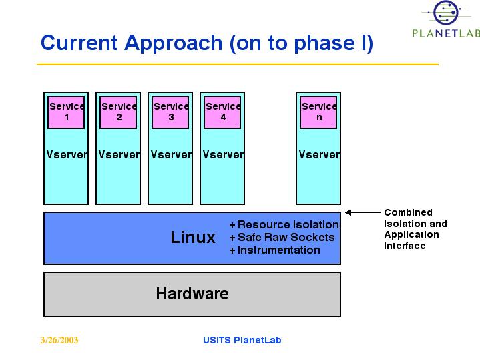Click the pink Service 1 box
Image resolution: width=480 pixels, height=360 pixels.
(x=66, y=112)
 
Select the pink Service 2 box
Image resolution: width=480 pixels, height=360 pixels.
(x=118, y=112)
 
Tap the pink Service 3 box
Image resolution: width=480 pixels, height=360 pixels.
(x=170, y=112)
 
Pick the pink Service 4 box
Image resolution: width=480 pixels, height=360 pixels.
(x=222, y=112)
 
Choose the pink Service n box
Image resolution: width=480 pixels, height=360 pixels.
(x=318, y=112)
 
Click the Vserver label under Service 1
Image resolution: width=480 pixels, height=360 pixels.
(x=67, y=154)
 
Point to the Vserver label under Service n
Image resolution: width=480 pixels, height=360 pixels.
(x=319, y=154)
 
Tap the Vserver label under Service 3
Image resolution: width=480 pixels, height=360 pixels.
(x=171, y=154)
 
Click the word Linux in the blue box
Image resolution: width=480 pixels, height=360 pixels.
(x=193, y=237)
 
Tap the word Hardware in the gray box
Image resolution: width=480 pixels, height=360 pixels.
(x=192, y=293)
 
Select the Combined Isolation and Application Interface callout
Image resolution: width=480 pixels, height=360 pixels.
(x=415, y=229)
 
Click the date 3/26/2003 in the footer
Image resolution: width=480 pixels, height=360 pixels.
(x=59, y=340)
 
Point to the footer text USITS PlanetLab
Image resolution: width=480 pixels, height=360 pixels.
(x=242, y=340)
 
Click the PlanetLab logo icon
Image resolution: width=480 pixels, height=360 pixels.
(x=444, y=13)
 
